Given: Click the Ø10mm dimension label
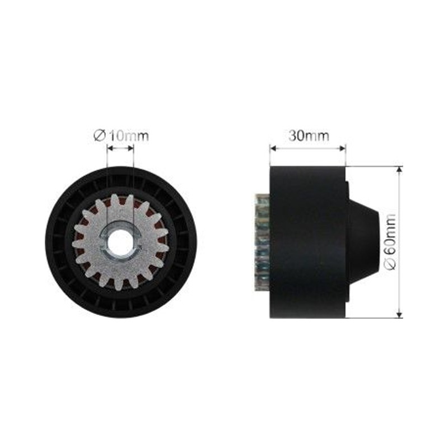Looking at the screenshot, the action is coord(121,136).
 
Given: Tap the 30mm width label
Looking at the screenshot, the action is coord(309,136).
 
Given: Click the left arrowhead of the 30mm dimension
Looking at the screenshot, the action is coord(273,148).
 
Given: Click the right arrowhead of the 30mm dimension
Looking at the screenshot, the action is coord(343,148).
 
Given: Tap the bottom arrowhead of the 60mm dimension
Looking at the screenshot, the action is coord(399,314).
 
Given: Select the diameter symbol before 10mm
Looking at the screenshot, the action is coord(100,136).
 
